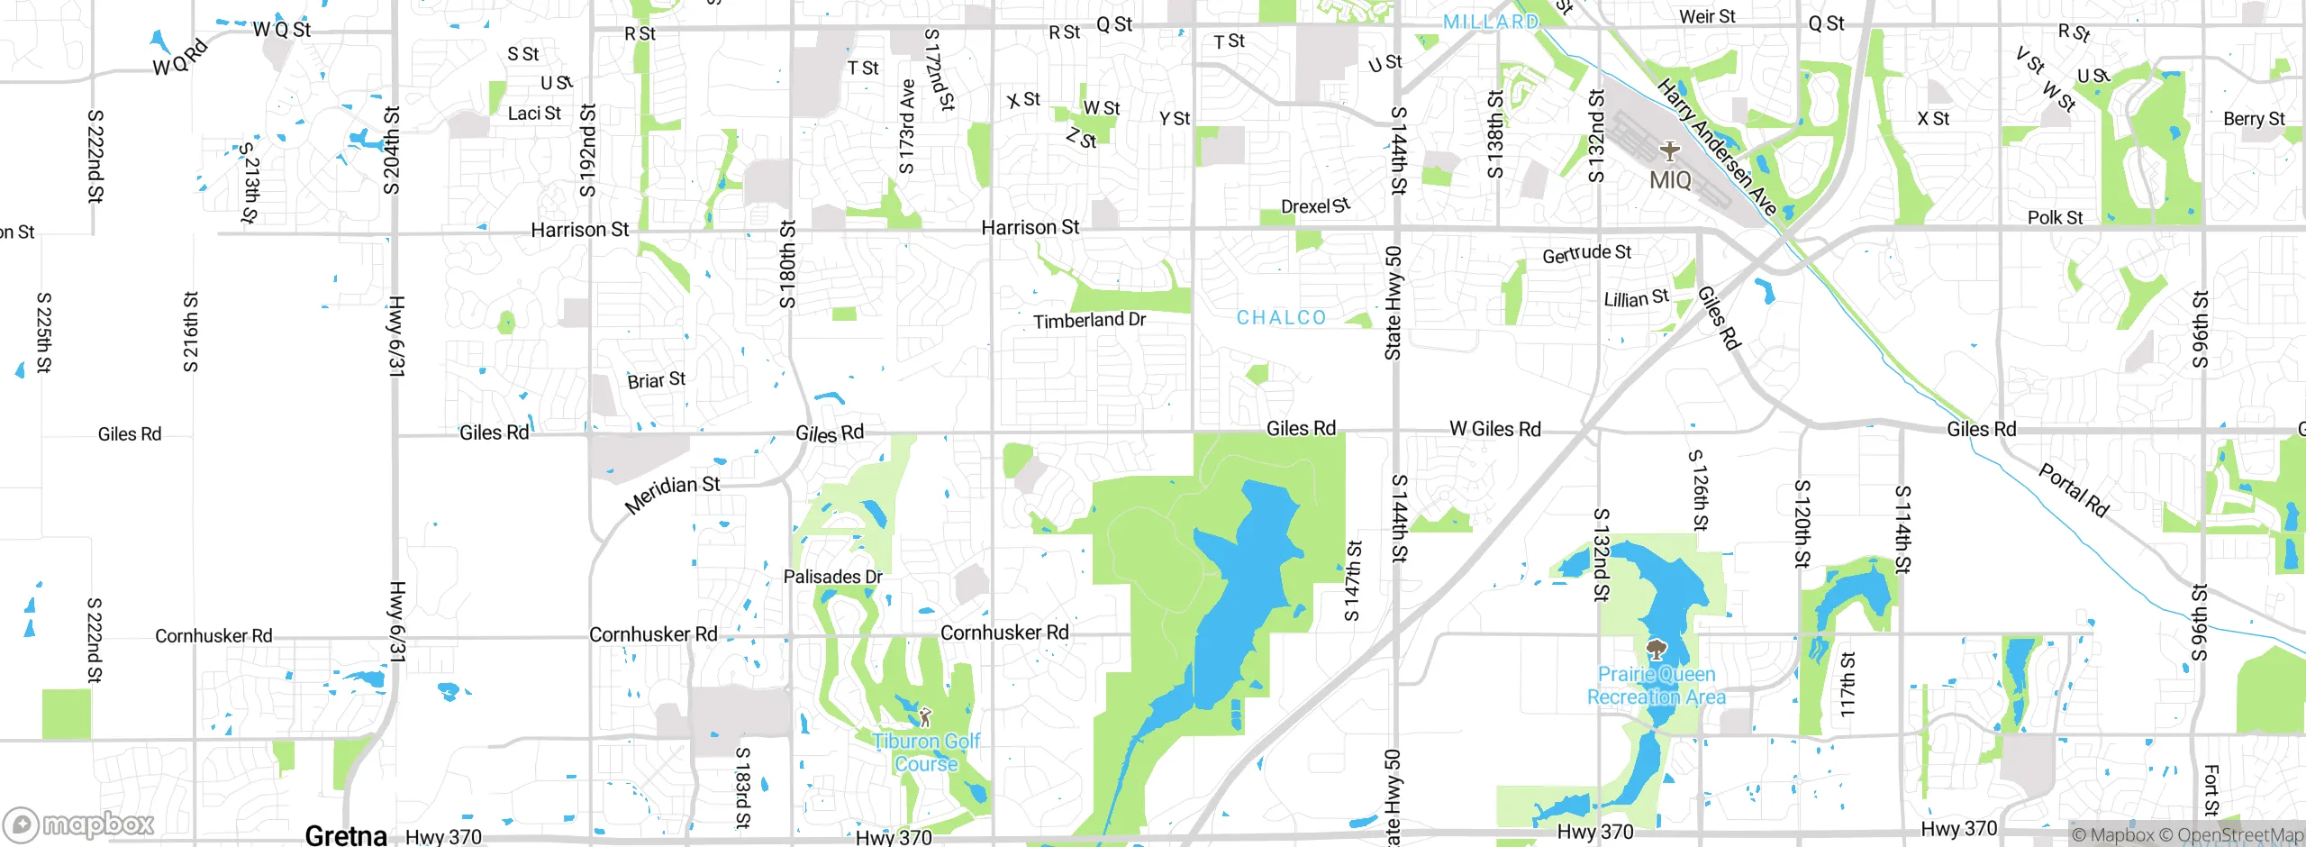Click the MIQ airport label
1670,180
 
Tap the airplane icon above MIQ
1670,150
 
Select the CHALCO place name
1281,318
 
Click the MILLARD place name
1491,22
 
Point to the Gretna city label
346,835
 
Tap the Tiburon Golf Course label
926,752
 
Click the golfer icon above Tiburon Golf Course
925,717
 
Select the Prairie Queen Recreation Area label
1657,686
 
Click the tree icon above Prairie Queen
1656,649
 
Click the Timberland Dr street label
1089,321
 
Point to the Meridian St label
672,495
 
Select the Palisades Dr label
832,577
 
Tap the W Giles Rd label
1494,429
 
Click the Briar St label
656,381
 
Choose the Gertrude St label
1586,254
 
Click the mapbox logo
79,824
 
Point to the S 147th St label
1353,581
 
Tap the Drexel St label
1315,206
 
